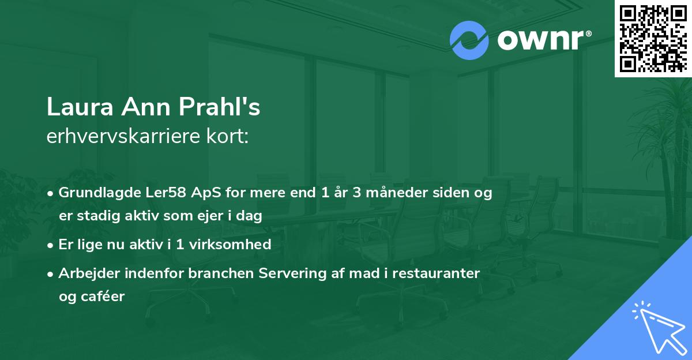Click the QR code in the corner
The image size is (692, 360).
coord(653,38)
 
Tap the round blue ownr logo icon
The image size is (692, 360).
coord(469,40)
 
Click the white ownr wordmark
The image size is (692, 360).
coord(543,40)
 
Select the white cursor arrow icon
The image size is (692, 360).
coord(659,327)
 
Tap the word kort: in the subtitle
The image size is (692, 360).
coord(229,137)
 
